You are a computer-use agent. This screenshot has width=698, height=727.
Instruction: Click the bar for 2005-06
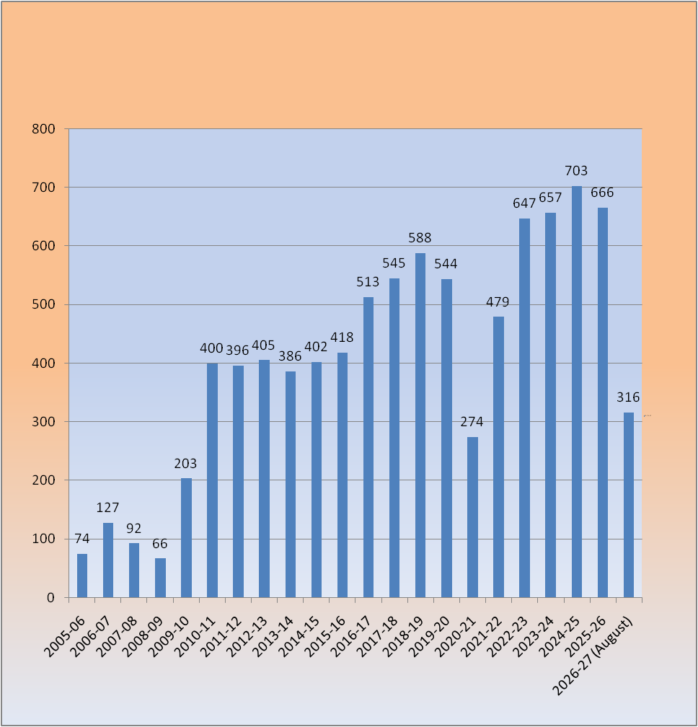click(x=82, y=576)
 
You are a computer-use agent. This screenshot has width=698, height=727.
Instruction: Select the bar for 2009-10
click(x=186, y=538)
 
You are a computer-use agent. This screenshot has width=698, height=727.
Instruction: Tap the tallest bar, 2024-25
click(x=577, y=392)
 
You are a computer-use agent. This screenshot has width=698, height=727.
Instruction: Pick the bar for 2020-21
click(x=472, y=517)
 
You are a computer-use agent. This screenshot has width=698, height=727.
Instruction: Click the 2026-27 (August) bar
click(x=629, y=505)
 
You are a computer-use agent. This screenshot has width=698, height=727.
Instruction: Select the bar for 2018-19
click(x=420, y=426)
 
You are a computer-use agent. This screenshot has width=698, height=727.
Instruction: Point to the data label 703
click(x=576, y=171)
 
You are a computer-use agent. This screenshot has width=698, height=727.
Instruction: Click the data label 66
click(x=160, y=543)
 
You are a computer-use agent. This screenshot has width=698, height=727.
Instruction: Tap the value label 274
click(x=472, y=421)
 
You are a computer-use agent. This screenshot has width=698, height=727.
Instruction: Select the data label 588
click(x=420, y=238)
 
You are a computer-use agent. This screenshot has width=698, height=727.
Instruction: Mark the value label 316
click(x=628, y=397)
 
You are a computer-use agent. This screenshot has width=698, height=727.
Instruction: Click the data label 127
click(x=107, y=508)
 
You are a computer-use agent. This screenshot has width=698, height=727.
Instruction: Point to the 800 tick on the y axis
click(x=43, y=129)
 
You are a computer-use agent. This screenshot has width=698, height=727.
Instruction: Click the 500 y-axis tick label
click(x=43, y=304)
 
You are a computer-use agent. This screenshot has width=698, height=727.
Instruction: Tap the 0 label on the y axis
click(x=50, y=598)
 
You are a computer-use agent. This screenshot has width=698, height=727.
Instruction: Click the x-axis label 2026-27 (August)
click(x=593, y=655)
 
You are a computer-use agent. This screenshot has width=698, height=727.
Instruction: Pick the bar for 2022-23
click(x=525, y=408)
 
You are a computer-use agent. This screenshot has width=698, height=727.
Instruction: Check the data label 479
click(x=498, y=302)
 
